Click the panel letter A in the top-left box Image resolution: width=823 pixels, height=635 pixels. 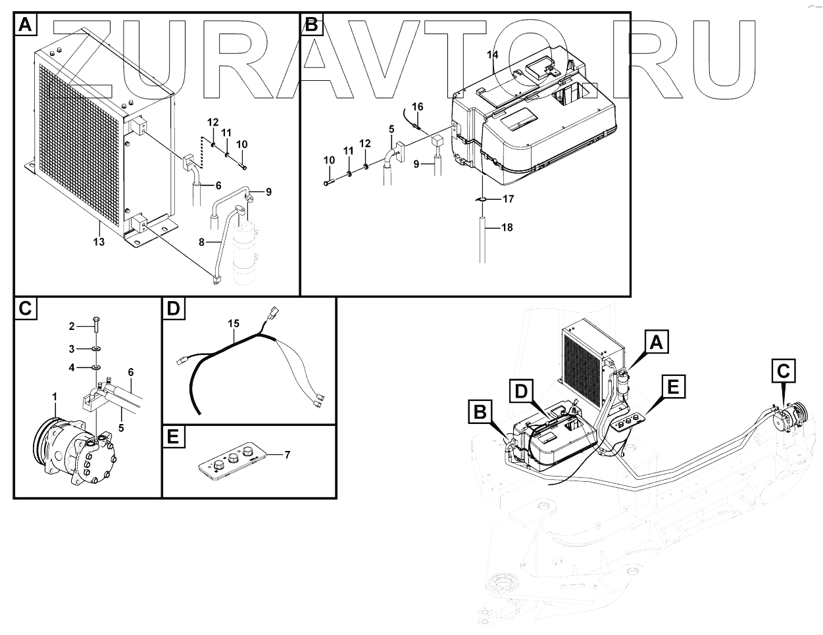[25, 26]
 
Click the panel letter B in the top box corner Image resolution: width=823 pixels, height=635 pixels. [311, 26]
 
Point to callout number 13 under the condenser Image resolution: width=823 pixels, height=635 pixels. [99, 242]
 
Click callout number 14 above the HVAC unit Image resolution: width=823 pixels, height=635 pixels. [493, 55]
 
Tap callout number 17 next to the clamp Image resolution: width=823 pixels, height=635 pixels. [508, 199]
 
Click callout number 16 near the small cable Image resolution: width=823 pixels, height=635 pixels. [418, 106]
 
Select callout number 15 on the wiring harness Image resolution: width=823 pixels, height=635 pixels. [233, 323]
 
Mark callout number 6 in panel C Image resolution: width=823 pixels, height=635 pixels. [130, 372]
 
